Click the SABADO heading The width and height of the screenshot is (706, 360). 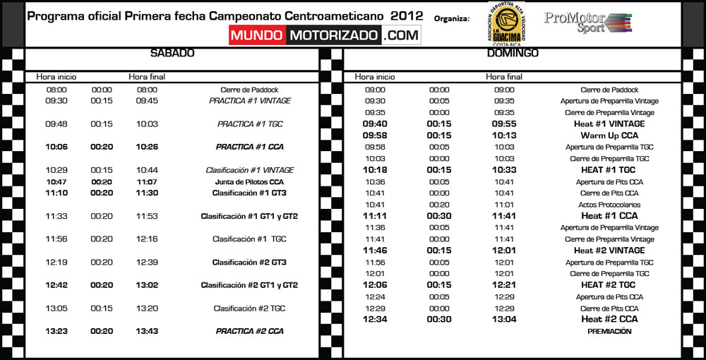coord(172,53)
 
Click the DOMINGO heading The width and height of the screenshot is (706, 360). coord(513,53)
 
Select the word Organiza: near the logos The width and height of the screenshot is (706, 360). coord(453,18)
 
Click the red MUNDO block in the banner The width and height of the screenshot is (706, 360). coord(258,35)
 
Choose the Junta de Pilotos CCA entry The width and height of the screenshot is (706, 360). coord(249,181)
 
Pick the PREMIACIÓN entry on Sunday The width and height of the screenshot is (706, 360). coord(609,330)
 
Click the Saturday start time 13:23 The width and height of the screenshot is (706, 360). coord(56,330)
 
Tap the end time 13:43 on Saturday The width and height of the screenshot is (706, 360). coord(147,330)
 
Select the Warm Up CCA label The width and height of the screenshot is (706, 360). coord(609,135)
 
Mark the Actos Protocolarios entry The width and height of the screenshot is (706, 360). coord(609,205)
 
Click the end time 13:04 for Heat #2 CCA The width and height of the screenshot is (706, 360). coord(504,319)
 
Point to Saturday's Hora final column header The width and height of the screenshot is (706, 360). coord(147,76)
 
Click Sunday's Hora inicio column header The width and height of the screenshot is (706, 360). coord(375,76)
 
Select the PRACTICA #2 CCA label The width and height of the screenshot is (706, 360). coord(249,330)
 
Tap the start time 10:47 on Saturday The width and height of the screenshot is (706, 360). coord(56,181)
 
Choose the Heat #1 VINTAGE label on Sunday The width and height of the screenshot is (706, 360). coord(609,124)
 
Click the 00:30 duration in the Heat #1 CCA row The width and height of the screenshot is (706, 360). coord(439,215)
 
